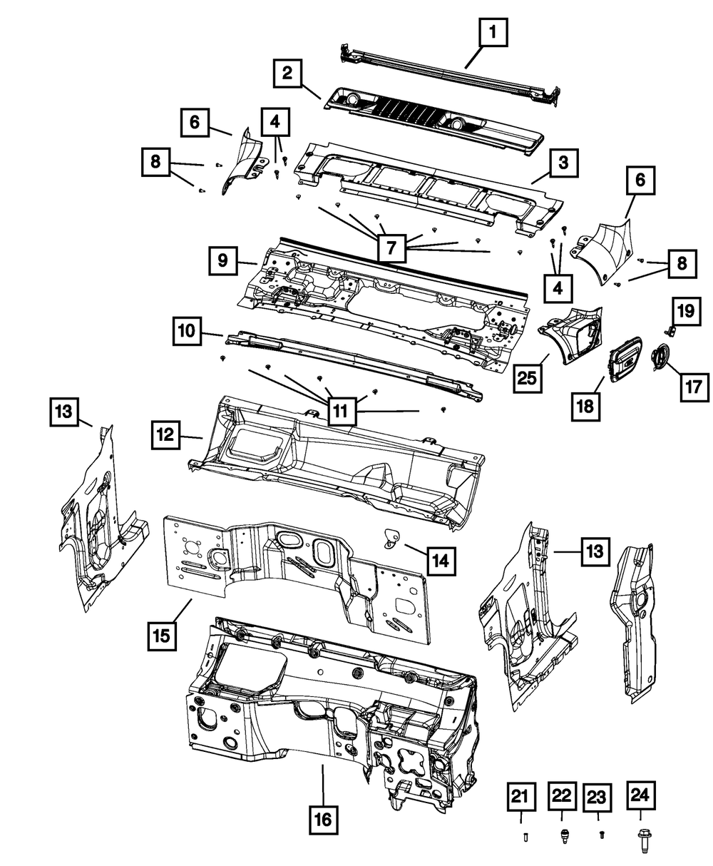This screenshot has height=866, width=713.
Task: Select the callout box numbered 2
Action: [287, 73]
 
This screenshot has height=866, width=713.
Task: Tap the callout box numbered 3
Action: [563, 163]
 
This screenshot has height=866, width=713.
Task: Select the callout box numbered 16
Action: [323, 820]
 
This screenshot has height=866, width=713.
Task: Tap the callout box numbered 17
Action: [694, 388]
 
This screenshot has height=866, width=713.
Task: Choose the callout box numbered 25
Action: [528, 377]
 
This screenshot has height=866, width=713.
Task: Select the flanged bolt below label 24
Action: [640, 837]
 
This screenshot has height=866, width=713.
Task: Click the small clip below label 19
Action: [671, 329]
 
